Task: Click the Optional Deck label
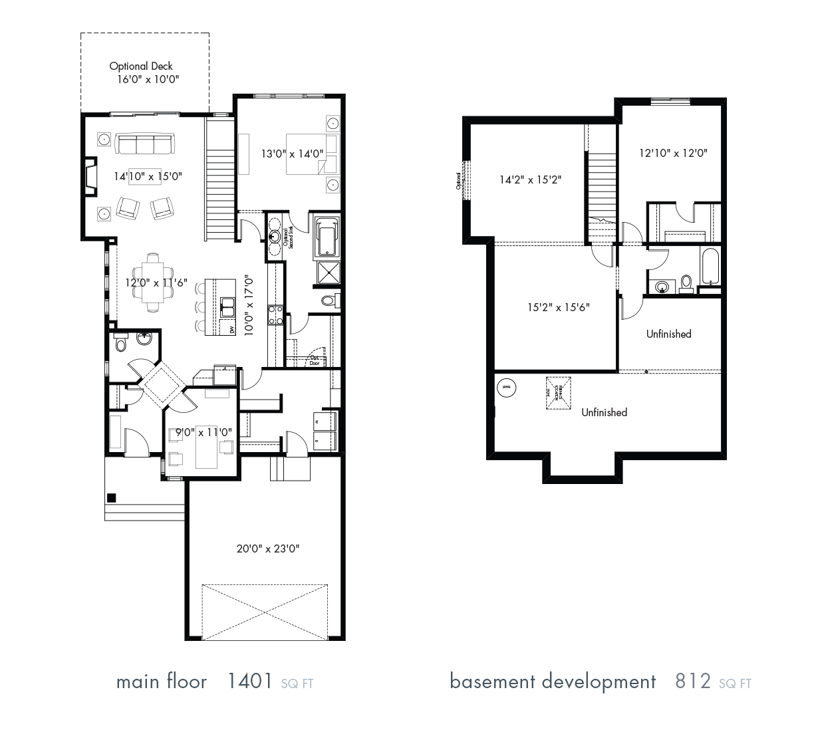coord(141,66)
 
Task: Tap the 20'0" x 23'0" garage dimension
coord(268,548)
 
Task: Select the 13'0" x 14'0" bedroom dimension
coord(292,154)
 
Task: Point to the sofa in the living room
coord(144,143)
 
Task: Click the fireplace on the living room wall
coord(90,176)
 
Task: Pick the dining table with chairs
coord(153,283)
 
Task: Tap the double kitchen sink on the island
coord(228,308)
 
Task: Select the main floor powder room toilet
coord(120,344)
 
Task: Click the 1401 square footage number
coord(249,681)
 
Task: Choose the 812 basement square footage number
coord(693,681)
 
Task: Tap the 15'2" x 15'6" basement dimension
coord(558,307)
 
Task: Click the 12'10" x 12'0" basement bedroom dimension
coord(673,153)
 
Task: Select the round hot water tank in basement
coord(506,386)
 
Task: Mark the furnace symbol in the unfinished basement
coord(558,390)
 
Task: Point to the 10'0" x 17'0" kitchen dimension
coord(249,305)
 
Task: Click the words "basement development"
coord(553,681)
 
